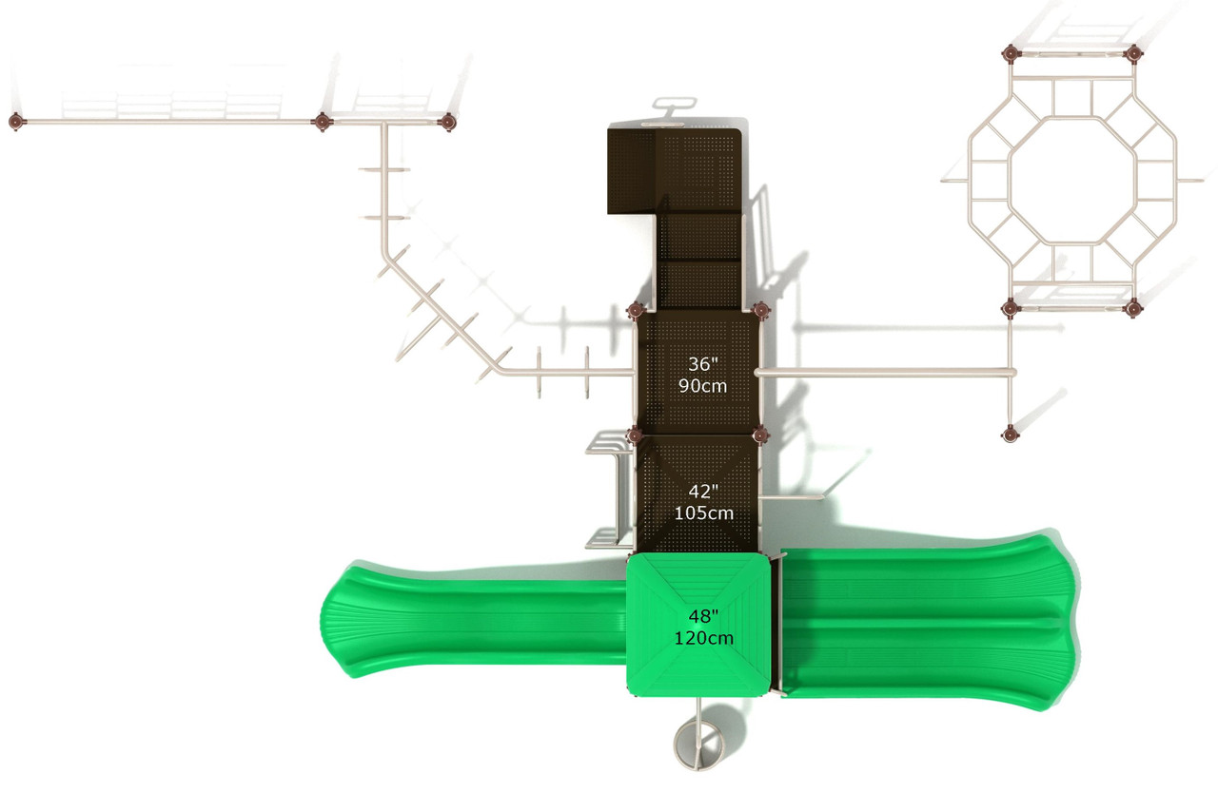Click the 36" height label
click(703, 363)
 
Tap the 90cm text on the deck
click(703, 386)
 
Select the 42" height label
click(703, 491)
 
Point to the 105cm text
click(703, 513)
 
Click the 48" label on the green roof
click(703, 614)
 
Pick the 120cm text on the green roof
click(703, 638)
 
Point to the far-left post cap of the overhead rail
click(16, 122)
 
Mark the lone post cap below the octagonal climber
click(1010, 434)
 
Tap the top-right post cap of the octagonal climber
click(1132, 53)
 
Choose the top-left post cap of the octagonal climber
click(1011, 53)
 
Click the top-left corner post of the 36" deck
click(637, 310)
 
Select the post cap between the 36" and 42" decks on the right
click(760, 435)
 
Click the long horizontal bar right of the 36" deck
click(885, 372)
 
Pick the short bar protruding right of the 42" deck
click(791, 496)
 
